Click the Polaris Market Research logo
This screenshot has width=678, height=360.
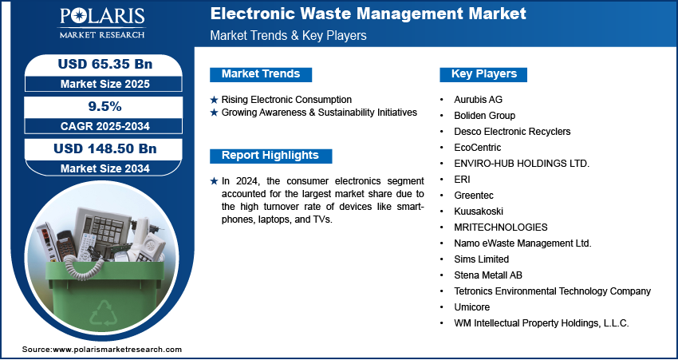point(102,23)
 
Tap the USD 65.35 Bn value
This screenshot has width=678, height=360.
point(104,64)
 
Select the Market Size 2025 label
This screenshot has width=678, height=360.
point(104,84)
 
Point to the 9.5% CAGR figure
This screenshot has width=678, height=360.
point(104,106)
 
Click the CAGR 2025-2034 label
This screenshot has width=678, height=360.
point(104,126)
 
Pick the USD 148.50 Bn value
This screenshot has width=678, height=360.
point(104,148)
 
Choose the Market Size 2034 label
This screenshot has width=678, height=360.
point(104,168)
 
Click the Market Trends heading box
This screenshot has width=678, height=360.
point(261,74)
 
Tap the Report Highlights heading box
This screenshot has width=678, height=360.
point(270,156)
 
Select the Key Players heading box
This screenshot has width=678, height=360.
point(483,74)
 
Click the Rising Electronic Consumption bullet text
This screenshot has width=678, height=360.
point(286,100)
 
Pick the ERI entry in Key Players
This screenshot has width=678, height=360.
point(462,179)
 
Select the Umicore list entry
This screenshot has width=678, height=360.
point(471,307)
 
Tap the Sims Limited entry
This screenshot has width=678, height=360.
point(481,259)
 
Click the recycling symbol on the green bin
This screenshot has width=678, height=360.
point(104,313)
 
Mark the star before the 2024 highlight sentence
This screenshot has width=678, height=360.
point(214,182)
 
